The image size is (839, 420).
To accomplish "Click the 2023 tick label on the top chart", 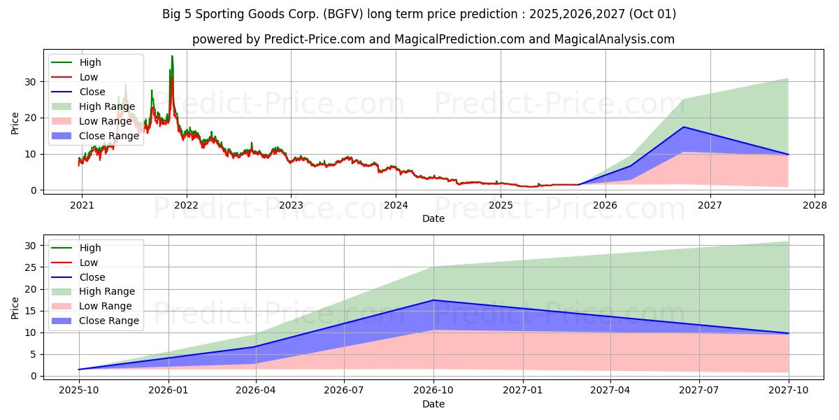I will coord(291,205).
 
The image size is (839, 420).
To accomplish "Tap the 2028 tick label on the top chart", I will coord(815,205).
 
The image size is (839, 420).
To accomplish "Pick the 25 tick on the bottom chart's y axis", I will coord(29,267).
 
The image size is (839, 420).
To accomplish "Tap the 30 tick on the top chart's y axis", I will coord(29,81).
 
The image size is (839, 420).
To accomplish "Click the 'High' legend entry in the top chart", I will coord(90,62).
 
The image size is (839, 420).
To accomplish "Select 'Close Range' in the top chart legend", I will coord(108,136).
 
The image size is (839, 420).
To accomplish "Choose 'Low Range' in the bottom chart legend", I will coord(105,306).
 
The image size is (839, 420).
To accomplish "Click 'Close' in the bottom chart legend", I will coord(92,277).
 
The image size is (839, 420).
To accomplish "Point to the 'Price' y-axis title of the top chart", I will coord(15,123).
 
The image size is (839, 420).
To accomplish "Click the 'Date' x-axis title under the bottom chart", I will coord(433,404).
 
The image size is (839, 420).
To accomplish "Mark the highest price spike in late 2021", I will coord(172,56).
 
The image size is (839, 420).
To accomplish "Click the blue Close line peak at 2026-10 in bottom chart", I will coord(433,300).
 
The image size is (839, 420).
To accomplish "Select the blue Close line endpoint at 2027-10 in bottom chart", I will coord(789,333).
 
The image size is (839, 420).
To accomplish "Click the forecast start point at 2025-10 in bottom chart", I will coord(78,370).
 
